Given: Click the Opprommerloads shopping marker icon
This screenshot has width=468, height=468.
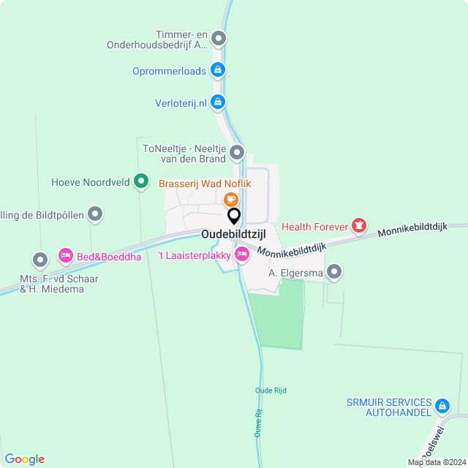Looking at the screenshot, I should (217, 70).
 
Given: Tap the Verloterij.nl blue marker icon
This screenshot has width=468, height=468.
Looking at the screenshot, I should (217, 102).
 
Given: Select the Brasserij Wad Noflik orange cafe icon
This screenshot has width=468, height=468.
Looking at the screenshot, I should (230, 199).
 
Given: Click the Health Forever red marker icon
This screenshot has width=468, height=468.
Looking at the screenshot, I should (358, 227).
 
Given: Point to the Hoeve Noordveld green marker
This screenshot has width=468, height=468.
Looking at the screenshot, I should (141, 181).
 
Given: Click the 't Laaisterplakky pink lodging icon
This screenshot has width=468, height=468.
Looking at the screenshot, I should (241, 254).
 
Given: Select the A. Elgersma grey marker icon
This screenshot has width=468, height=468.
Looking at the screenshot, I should (335, 273).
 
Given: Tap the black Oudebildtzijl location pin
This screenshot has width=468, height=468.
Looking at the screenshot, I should (234, 216).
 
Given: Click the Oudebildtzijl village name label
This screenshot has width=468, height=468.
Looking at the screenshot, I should (233, 235).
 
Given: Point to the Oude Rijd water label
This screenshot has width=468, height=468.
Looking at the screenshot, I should (271, 390).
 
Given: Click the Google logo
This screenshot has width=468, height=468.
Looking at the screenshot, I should (24, 459).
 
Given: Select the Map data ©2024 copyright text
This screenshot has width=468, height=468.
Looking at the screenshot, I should (437, 462).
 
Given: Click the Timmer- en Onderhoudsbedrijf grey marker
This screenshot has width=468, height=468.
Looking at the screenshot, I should (218, 39).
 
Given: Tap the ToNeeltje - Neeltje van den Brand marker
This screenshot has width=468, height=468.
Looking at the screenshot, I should (237, 154).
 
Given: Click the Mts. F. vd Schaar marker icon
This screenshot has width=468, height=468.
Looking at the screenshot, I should (40, 260).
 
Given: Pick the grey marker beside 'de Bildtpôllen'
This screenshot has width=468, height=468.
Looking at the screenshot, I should (95, 214).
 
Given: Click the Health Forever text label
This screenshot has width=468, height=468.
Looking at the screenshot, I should (314, 227).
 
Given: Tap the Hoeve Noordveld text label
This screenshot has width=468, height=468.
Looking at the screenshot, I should (91, 182).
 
